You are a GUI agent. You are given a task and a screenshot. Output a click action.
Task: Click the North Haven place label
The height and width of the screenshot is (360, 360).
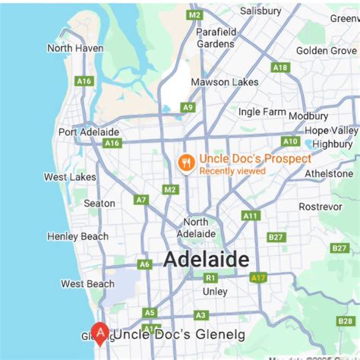[75, 48]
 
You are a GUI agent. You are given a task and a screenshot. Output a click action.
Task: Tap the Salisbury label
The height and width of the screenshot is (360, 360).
[261, 11]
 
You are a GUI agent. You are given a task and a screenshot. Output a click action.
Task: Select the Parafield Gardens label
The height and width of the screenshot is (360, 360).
[216, 37]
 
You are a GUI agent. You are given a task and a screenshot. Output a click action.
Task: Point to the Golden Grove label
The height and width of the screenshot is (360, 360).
[326, 50]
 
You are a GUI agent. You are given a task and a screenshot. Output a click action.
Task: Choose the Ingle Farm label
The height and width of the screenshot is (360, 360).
[261, 112]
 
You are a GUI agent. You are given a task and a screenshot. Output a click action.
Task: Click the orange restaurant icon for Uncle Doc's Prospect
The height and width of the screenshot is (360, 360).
[185, 163]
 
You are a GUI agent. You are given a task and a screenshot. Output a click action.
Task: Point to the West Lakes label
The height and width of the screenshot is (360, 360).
[70, 177]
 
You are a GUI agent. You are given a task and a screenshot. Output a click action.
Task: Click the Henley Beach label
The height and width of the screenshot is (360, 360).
[77, 236]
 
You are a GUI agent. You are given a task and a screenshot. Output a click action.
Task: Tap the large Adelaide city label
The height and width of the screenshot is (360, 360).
[206, 261]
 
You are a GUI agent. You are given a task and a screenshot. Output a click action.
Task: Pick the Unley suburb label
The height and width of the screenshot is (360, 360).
[215, 291]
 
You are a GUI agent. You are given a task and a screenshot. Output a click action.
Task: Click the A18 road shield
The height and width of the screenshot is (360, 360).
[280, 68]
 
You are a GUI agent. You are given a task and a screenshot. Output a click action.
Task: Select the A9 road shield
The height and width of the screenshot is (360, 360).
[188, 108]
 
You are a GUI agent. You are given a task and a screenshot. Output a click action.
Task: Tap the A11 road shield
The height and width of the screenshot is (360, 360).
[251, 216]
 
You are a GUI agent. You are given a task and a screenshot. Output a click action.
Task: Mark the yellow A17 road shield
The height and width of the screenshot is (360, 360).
[261, 277]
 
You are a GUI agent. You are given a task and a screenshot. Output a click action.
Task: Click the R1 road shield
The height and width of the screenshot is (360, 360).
[210, 278]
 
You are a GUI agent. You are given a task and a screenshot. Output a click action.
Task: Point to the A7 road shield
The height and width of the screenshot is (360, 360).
[141, 200]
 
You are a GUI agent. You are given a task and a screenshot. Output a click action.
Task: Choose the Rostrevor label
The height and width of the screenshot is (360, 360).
[320, 207]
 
